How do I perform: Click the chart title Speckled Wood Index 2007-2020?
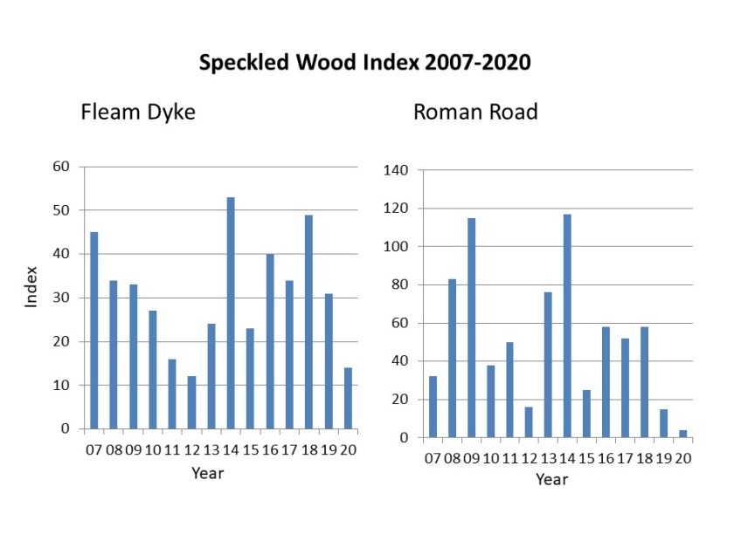pos(364,64)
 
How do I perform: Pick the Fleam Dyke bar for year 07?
pos(93,330)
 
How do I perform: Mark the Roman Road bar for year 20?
pos(683,434)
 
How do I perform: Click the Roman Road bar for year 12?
pos(530,422)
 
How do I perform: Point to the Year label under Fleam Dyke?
pos(208,474)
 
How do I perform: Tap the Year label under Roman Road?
pos(551,479)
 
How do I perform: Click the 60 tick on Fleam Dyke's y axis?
pos(61,167)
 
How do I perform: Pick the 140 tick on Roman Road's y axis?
pos(396,170)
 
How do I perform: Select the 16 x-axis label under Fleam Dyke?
pos(270,451)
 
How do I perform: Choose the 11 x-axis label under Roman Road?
pos(509,457)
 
